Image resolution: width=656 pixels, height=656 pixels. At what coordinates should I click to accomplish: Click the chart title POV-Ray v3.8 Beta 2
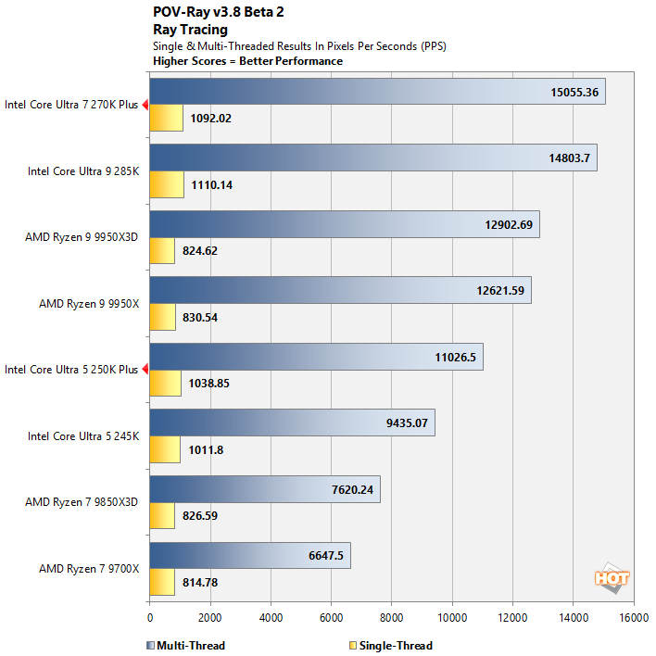click(218, 13)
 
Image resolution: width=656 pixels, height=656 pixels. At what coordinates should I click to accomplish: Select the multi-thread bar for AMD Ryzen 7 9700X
click(249, 555)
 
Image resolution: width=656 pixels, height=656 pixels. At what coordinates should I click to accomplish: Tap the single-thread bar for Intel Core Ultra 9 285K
click(166, 184)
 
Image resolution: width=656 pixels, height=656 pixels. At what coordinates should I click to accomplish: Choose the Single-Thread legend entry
click(393, 646)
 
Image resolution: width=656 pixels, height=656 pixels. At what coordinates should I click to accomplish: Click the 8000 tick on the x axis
click(391, 616)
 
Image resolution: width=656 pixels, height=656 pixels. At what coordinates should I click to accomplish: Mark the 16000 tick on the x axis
click(633, 616)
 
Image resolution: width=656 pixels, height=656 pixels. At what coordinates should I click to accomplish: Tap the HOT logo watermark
click(612, 578)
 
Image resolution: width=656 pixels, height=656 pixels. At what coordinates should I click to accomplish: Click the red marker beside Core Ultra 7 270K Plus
click(145, 105)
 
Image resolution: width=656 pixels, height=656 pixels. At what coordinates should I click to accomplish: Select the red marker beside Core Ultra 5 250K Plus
click(145, 370)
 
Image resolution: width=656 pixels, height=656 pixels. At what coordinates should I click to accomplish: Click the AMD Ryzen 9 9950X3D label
click(82, 237)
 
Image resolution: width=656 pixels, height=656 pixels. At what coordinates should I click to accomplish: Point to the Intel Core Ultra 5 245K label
click(82, 435)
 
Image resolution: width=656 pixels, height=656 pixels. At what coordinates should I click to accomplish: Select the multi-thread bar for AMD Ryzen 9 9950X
click(339, 290)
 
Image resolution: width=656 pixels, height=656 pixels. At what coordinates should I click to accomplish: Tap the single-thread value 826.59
click(199, 515)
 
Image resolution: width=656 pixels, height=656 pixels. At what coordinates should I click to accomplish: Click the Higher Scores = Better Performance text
click(247, 61)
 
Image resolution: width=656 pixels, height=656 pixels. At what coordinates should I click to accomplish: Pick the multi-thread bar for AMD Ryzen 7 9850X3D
click(264, 489)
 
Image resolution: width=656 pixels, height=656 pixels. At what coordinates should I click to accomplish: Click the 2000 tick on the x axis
click(209, 616)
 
